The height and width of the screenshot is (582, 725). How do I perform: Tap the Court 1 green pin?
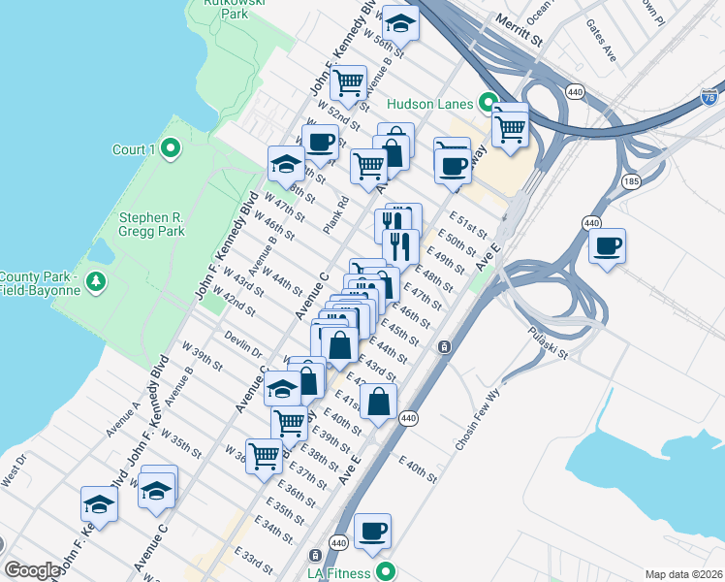171,149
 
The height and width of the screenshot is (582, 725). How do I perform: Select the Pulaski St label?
549,343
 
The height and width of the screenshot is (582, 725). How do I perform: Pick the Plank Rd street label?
336,216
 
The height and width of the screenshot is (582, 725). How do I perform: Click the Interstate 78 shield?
710,98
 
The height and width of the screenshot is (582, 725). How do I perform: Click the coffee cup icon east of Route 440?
608,245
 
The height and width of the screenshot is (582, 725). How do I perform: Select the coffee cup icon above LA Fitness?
372,531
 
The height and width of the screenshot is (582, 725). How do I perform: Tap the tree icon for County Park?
95,282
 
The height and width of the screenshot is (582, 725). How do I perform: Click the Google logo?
32,570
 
